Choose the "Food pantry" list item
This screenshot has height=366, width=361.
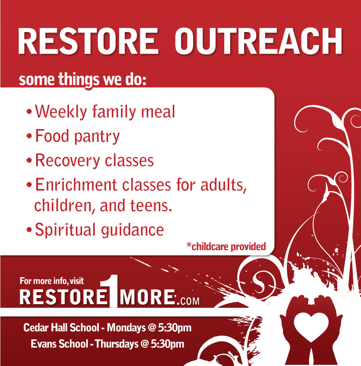(77, 136)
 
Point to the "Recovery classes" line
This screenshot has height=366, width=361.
(94, 160)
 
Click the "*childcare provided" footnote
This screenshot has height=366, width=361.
(226, 246)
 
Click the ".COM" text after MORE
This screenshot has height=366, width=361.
(187, 300)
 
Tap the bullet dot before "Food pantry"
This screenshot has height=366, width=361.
(29, 136)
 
